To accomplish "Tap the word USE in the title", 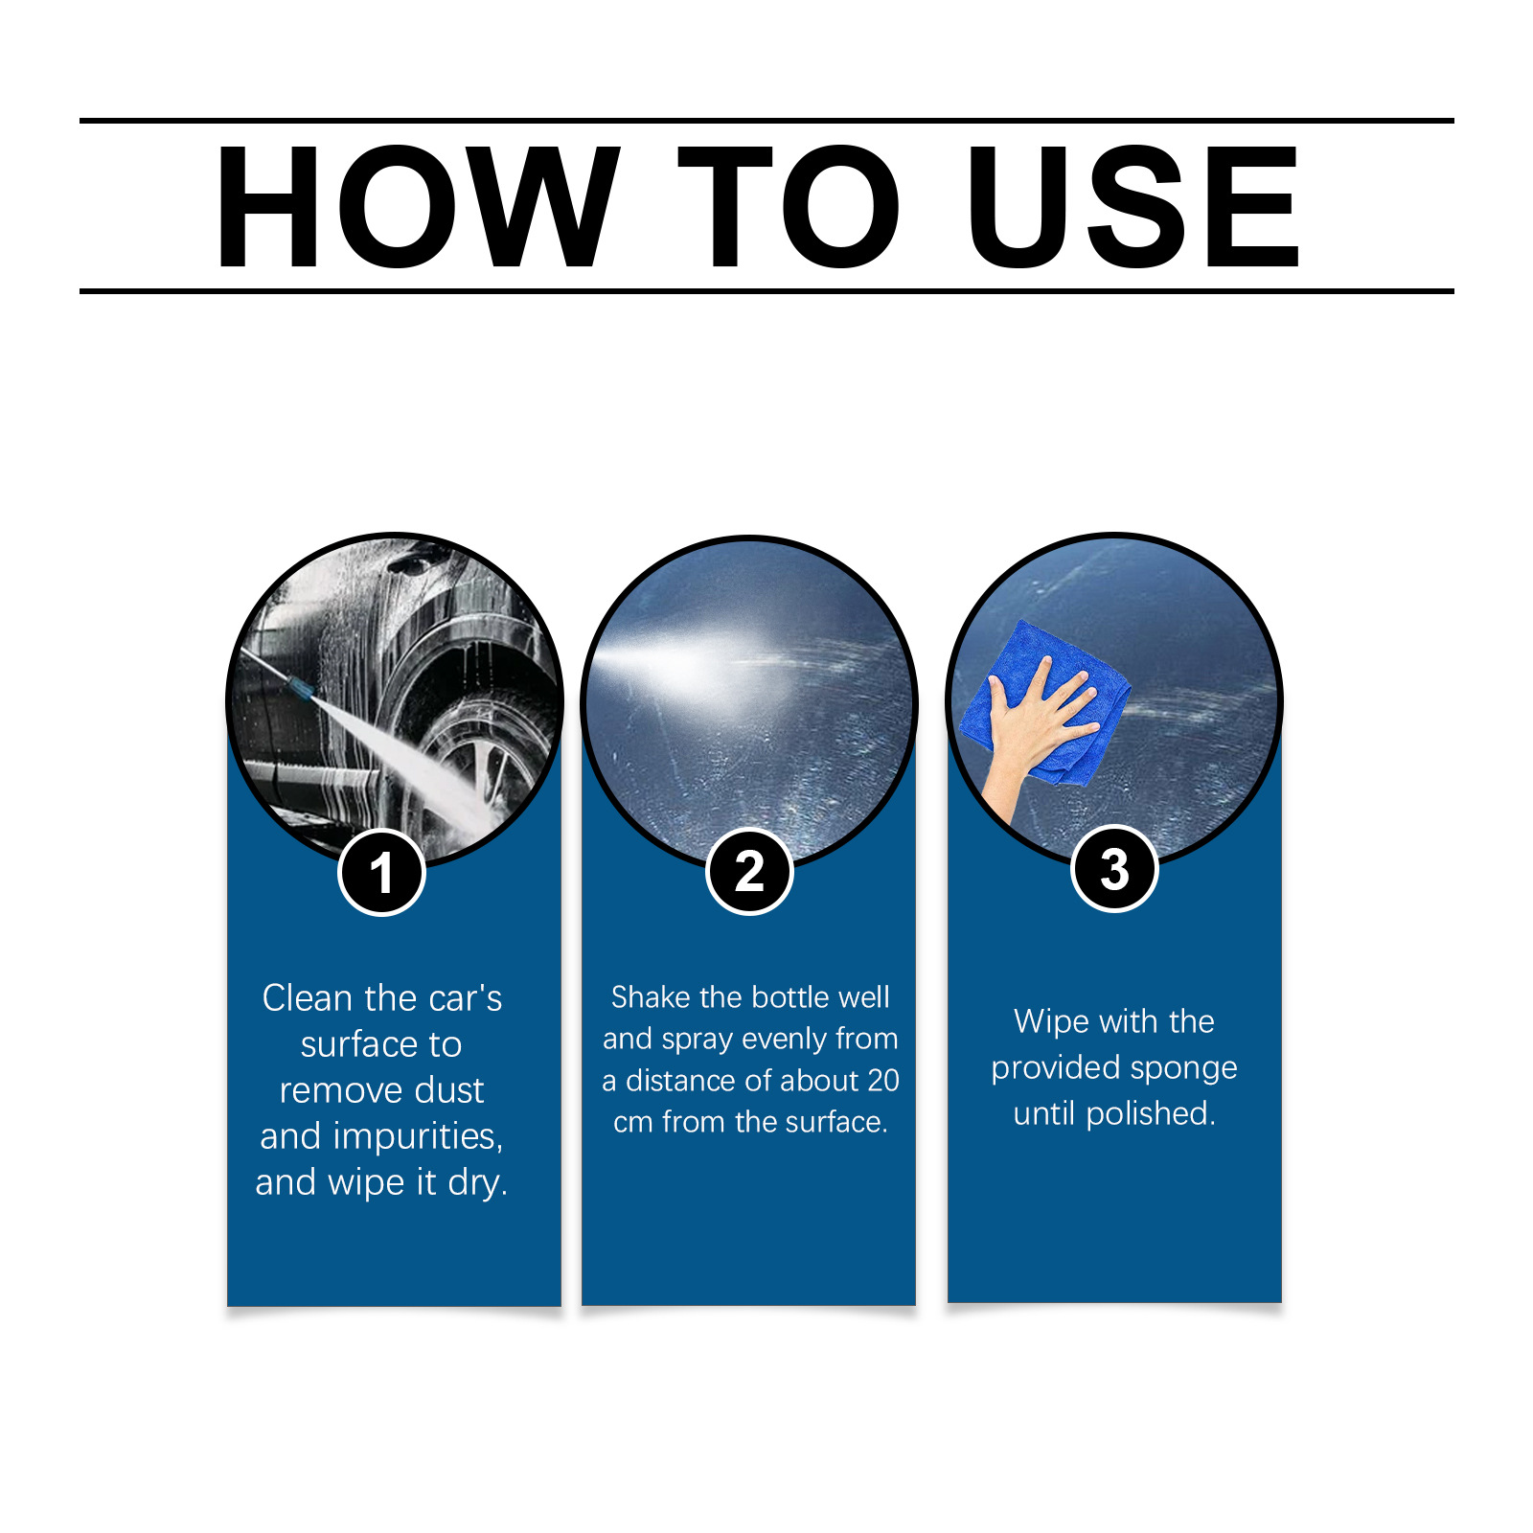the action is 1133,206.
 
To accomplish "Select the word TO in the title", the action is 789,206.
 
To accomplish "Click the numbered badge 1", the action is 381,873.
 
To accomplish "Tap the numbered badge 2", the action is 749,871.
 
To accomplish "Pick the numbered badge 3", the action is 1114,868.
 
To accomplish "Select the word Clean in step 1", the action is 308,998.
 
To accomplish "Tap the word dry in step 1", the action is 477,1183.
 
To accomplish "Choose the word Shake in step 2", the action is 652,997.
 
